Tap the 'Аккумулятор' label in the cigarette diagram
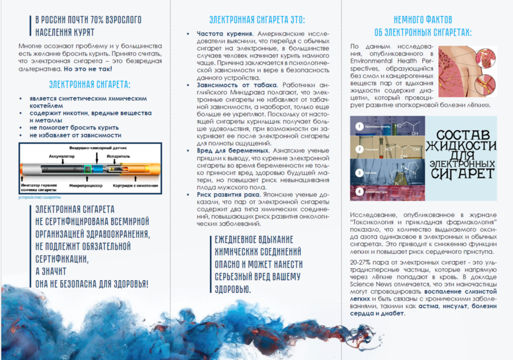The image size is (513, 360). coord(62,156)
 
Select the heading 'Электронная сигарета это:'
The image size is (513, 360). coord(256,20)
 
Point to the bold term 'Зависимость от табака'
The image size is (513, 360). coord(235,85)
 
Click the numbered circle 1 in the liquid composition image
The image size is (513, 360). coord(359,127)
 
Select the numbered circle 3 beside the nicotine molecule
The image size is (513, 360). coord(359,172)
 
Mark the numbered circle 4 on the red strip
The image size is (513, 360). coord(359,192)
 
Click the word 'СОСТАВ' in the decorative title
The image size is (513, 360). coord(462,135)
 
